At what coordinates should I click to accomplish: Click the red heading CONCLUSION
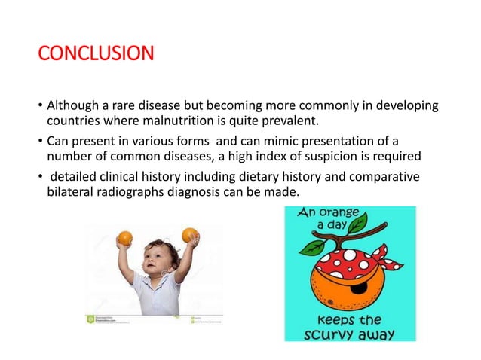click(x=96, y=55)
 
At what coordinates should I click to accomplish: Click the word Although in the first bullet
click(x=72, y=104)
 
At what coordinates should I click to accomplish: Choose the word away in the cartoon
click(x=379, y=332)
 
